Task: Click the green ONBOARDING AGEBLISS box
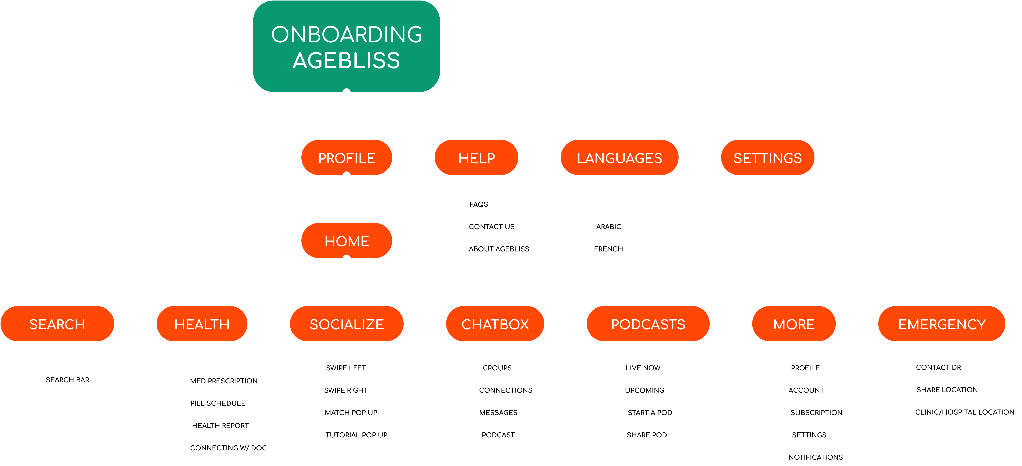pyautogui.click(x=346, y=46)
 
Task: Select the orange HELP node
pyautogui.click(x=476, y=158)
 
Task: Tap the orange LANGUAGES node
pyautogui.click(x=619, y=158)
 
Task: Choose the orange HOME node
pyautogui.click(x=346, y=241)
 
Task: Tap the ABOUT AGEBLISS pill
pyautogui.click(x=499, y=249)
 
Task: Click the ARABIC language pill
pyautogui.click(x=608, y=227)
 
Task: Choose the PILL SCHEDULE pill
pyautogui.click(x=218, y=403)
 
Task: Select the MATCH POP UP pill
pyautogui.click(x=351, y=412)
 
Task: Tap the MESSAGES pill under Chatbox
pyautogui.click(x=498, y=412)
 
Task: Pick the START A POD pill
pyautogui.click(x=650, y=412)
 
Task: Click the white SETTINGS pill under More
pyautogui.click(x=809, y=435)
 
